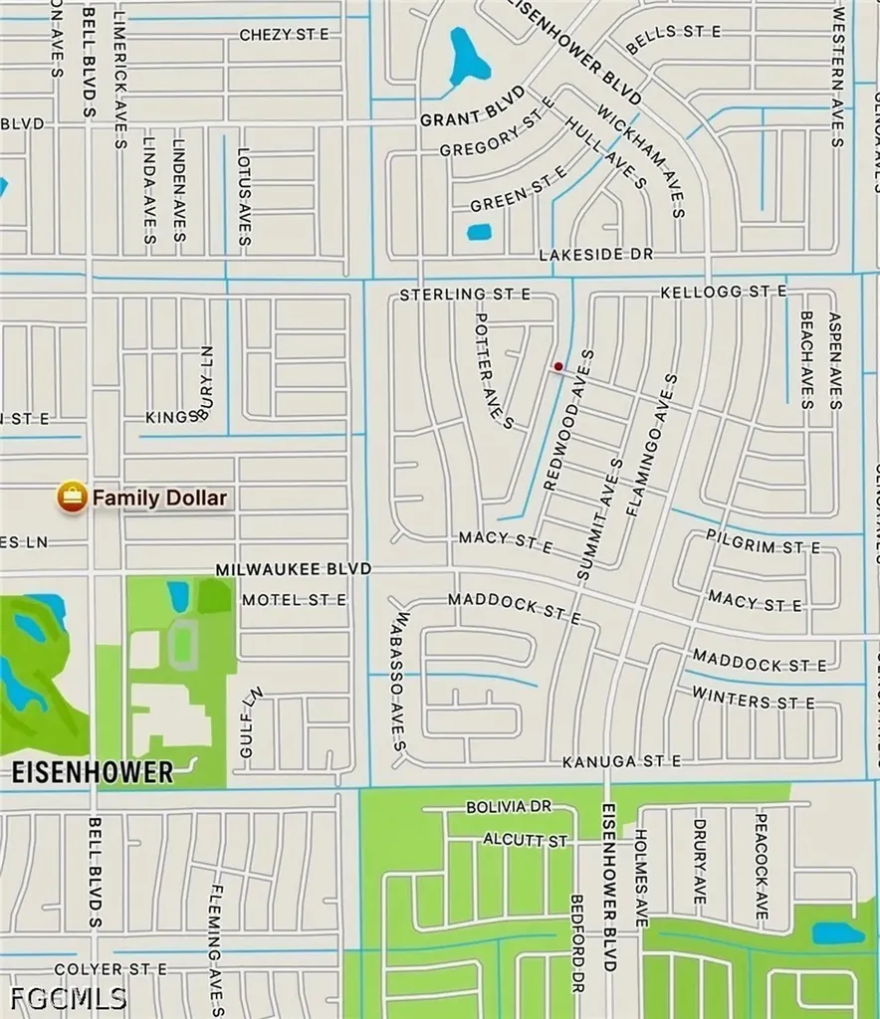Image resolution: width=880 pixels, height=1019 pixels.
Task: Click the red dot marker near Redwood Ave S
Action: [558, 367]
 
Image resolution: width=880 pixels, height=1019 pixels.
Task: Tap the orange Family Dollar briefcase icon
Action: [72, 497]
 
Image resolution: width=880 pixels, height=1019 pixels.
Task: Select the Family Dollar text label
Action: [159, 498]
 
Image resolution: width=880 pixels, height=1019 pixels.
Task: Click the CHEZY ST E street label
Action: [284, 35]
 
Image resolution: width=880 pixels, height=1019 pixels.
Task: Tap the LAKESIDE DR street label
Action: [595, 255]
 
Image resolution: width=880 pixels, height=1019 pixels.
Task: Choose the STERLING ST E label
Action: [465, 295]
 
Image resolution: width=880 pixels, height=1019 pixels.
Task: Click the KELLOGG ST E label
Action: [724, 291]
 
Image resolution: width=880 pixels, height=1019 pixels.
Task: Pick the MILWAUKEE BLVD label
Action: [294, 568]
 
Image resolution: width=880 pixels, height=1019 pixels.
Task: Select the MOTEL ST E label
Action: [294, 599]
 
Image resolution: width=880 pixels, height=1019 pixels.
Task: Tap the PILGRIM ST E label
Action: [763, 547]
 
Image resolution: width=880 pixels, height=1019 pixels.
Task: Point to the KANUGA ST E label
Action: [621, 761]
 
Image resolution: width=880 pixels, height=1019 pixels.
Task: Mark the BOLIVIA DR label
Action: [508, 807]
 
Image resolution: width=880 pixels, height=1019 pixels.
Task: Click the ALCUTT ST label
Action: [525, 840]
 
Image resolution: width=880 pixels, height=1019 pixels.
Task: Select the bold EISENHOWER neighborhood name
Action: [93, 771]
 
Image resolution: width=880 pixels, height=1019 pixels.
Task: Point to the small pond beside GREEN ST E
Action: [479, 232]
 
